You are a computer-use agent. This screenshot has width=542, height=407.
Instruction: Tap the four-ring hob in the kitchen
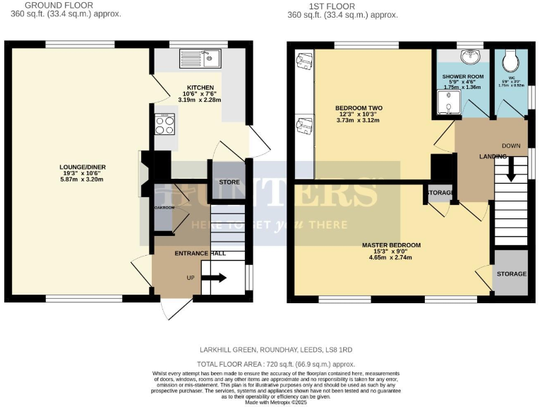164,125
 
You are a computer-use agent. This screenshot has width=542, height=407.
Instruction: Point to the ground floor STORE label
228,182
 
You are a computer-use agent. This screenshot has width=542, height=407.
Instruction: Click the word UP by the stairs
191,278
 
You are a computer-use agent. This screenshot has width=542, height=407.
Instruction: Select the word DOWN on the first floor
511,146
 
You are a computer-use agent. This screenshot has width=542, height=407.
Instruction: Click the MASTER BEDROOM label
391,245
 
